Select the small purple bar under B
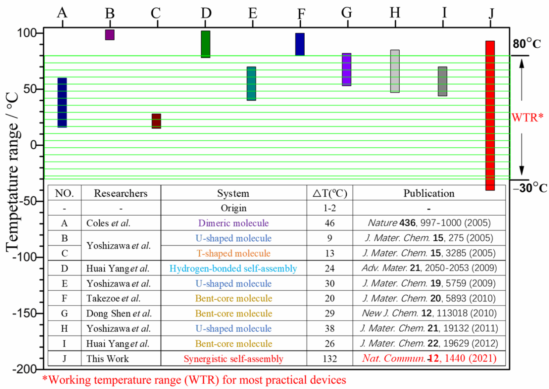110,35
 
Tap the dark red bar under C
156,121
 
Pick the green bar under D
205,44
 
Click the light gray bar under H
395,71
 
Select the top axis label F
300,14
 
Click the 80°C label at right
527,44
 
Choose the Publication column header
429,193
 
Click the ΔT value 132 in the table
330,359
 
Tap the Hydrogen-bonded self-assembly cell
234,269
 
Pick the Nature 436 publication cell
429,223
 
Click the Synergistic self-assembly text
234,359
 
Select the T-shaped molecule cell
234,253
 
